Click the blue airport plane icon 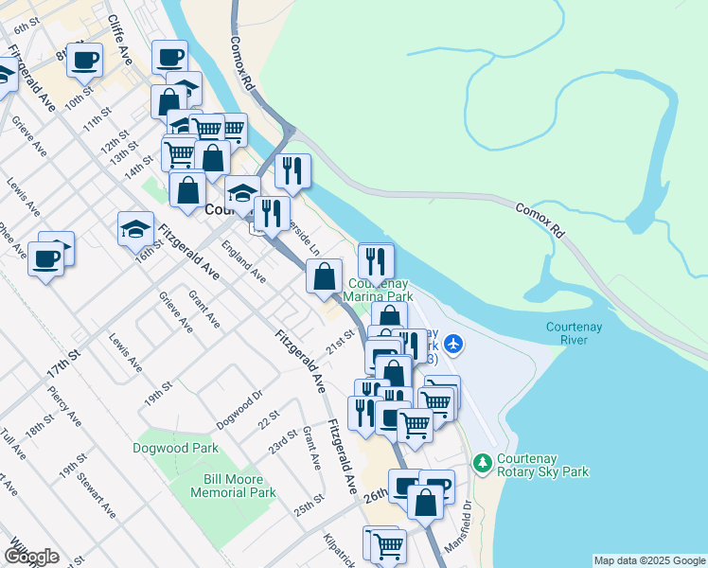[x=453, y=343]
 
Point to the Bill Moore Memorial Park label [x=233, y=486]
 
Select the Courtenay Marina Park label [x=379, y=290]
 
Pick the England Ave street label [x=243, y=260]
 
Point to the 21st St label [x=341, y=340]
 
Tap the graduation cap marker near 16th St [x=135, y=228]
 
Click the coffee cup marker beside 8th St [x=84, y=60]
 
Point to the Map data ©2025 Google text [x=648, y=560]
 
